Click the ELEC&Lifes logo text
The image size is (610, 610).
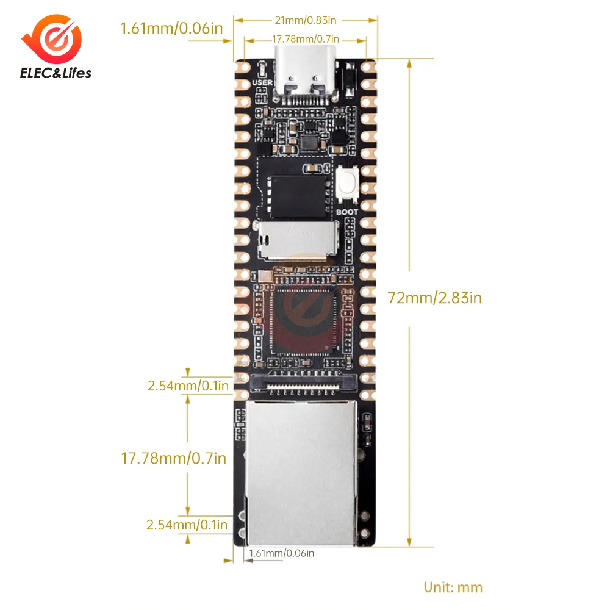(56, 74)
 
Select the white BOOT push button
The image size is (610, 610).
(348, 183)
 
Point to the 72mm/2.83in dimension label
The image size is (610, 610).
(435, 298)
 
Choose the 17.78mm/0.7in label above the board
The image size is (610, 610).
(304, 40)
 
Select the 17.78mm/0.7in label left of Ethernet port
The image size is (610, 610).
(174, 457)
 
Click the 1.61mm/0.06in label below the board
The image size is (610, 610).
(281, 553)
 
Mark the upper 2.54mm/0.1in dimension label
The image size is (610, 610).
(188, 386)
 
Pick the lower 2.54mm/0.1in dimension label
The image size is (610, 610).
(187, 525)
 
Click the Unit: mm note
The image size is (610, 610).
(453, 587)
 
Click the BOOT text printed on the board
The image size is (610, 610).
(348, 213)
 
